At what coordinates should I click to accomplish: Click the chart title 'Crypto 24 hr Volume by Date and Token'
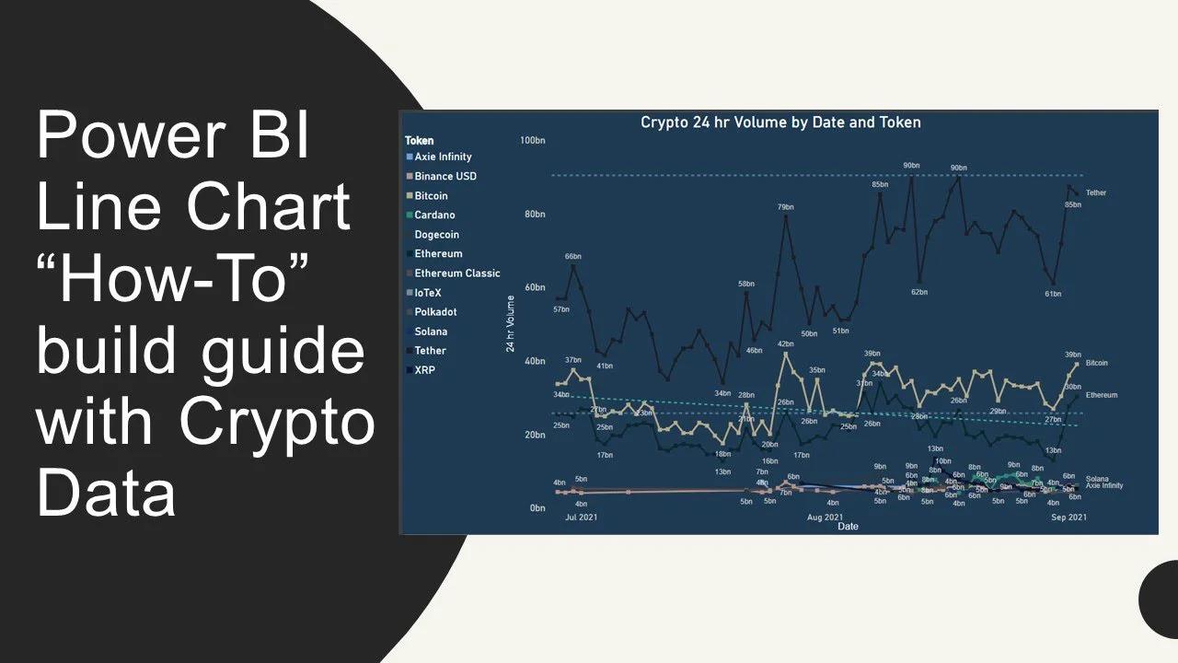(780, 122)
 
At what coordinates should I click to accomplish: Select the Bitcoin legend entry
(431, 196)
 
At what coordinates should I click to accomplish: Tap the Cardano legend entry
(434, 215)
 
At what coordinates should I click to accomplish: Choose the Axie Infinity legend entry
(443, 157)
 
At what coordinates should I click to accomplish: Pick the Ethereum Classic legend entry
(457, 273)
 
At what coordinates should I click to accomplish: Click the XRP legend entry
(424, 370)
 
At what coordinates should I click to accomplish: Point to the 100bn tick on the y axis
(533, 141)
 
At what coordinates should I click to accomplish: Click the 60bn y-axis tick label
(535, 288)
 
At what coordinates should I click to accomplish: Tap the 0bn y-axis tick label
(537, 508)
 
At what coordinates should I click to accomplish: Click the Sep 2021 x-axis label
(1068, 518)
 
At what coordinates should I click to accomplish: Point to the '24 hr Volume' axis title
(511, 324)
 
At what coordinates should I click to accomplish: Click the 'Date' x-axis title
(848, 527)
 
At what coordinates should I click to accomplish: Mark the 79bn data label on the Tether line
(785, 208)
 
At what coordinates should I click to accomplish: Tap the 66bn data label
(573, 256)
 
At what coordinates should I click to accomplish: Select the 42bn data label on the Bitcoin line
(785, 344)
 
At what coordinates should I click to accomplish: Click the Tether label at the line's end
(1095, 193)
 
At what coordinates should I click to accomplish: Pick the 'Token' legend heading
(419, 141)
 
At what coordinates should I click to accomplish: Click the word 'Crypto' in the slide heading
(277, 425)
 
